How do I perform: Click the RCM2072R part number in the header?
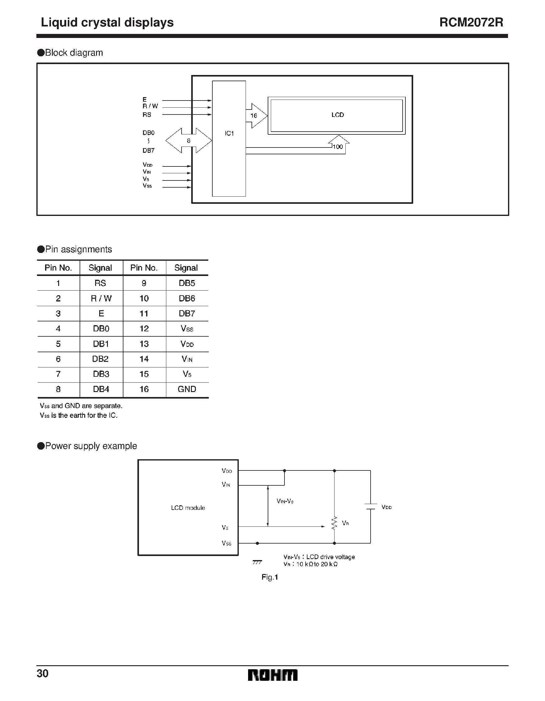471,22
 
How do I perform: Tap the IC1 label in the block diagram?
229,133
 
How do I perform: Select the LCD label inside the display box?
337,115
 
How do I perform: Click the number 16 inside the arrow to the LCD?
254,115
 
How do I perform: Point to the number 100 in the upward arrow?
338,147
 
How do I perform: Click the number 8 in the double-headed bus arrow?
189,141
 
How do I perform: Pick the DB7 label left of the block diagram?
149,150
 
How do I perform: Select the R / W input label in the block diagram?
150,106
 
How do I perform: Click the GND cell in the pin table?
187,389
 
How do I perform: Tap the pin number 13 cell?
144,344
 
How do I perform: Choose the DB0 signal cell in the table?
101,328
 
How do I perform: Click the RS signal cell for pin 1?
100,283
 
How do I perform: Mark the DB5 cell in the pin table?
187,283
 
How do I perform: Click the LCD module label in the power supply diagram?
188,508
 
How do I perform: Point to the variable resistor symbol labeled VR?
334,523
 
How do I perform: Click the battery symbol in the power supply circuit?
371,507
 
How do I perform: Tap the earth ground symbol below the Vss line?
257,562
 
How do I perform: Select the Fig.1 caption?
270,577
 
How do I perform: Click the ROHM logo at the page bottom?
273,675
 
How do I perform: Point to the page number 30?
43,673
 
